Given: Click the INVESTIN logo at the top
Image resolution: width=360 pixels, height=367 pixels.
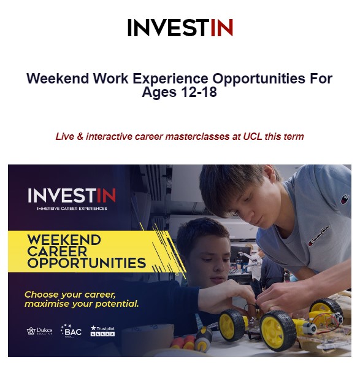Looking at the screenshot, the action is pyautogui.click(x=180, y=28).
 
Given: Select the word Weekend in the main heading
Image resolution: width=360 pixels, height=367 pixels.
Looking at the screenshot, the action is pyautogui.click(x=58, y=78).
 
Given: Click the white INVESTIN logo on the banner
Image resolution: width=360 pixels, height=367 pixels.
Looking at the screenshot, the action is pyautogui.click(x=72, y=195).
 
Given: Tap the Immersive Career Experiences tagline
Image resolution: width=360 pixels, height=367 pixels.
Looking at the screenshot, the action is pyautogui.click(x=72, y=209).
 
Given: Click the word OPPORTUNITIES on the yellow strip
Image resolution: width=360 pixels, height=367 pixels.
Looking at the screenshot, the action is pyautogui.click(x=86, y=263).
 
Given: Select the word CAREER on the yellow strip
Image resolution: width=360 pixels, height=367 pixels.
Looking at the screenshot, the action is pyautogui.click(x=57, y=252).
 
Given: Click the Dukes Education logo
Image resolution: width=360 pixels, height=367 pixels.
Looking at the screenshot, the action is pyautogui.click(x=39, y=331).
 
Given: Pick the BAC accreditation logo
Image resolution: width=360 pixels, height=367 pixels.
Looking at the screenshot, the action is pyautogui.click(x=71, y=331).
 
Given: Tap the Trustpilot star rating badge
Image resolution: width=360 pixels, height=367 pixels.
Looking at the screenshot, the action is pyautogui.click(x=102, y=331).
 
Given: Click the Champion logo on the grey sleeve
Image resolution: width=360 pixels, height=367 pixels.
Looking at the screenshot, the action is pyautogui.click(x=345, y=199).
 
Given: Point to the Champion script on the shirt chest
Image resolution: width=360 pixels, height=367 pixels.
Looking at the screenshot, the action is pyautogui.click(x=319, y=236).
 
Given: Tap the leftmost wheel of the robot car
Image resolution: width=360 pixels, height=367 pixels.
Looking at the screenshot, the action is pyautogui.click(x=232, y=325).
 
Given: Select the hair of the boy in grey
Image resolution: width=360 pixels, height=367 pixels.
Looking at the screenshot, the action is pyautogui.click(x=236, y=185).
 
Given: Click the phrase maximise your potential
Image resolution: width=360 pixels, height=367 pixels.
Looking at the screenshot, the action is pyautogui.click(x=82, y=304).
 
